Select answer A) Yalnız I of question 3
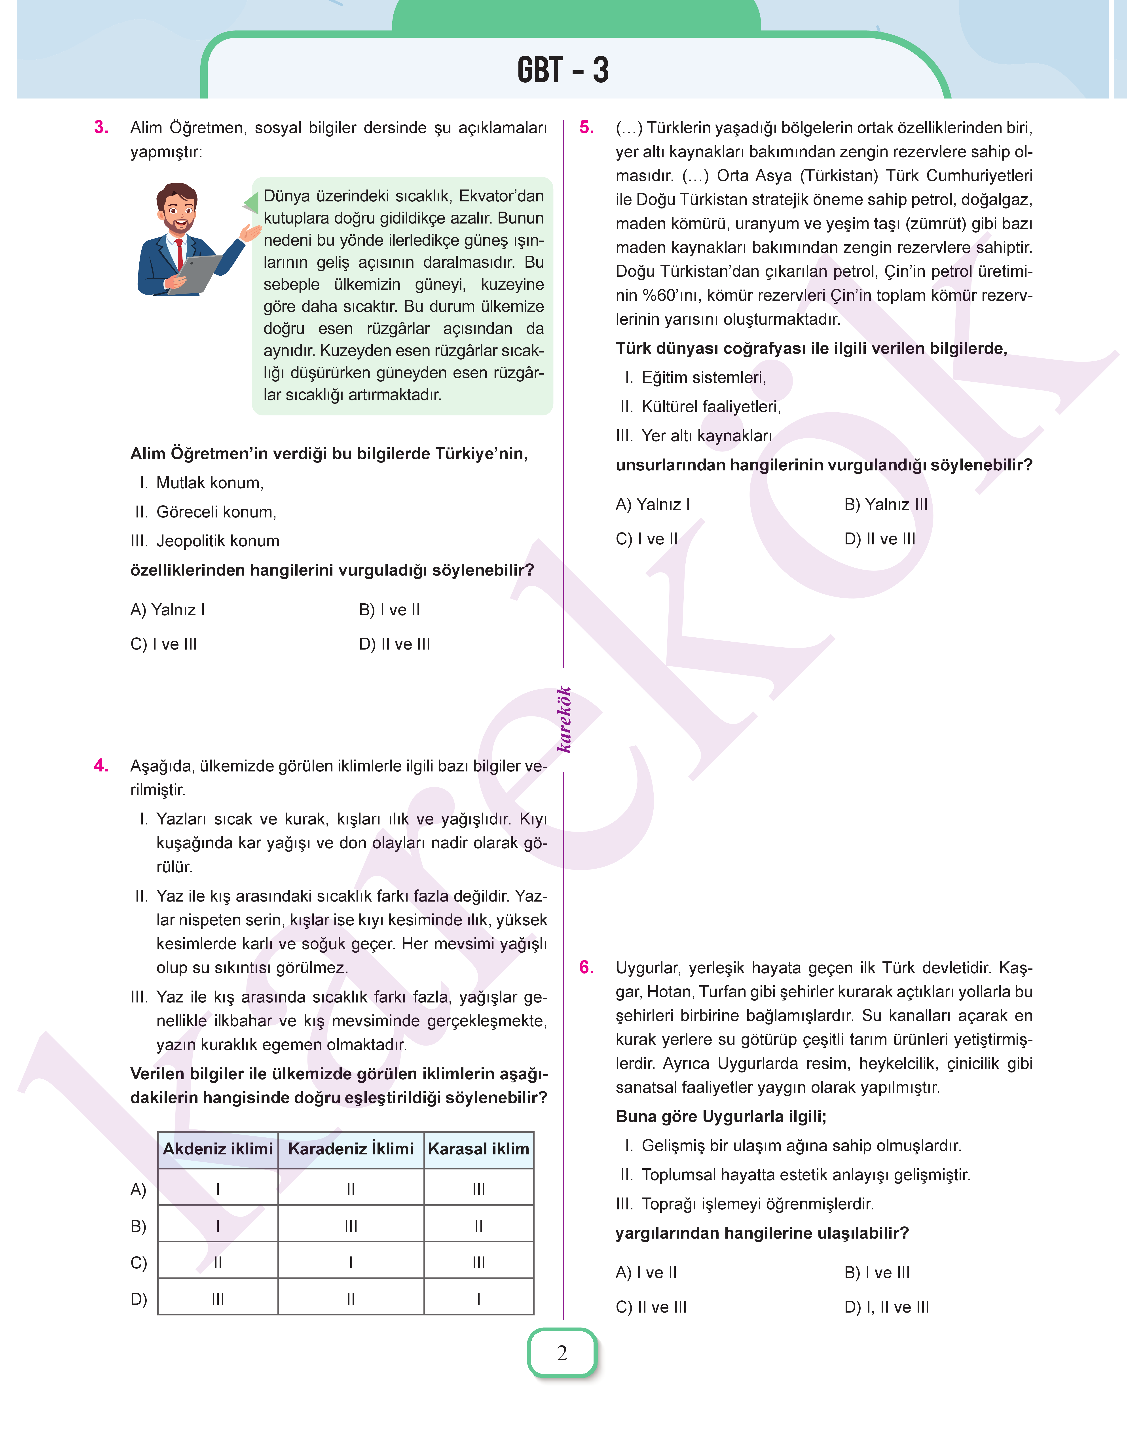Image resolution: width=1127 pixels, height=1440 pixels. pos(168,610)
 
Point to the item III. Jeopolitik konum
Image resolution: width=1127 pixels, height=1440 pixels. pos(205,541)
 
